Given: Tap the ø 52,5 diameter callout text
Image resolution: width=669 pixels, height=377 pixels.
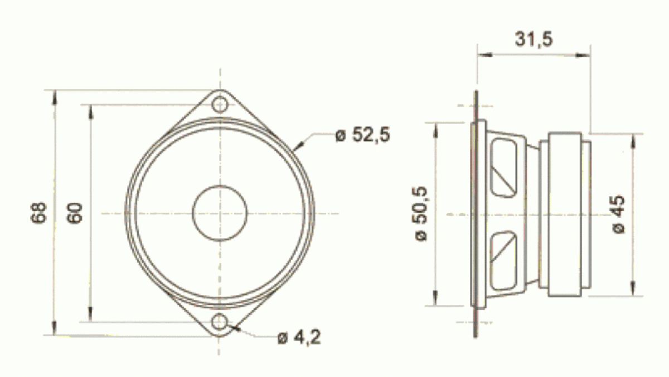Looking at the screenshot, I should pyautogui.click(x=362, y=135).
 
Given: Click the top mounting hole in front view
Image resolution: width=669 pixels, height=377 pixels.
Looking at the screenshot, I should pyautogui.click(x=220, y=104).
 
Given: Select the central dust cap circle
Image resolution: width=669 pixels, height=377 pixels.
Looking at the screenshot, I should pyautogui.click(x=220, y=212).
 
